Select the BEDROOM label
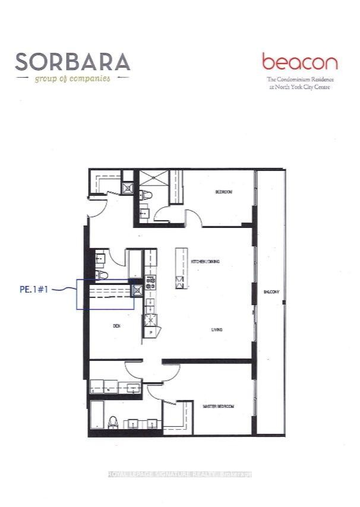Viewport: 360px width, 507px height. tap(223, 192)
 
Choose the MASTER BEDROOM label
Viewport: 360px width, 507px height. tap(218, 407)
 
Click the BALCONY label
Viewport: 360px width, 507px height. tap(272, 291)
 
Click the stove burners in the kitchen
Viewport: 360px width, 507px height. tap(150, 282)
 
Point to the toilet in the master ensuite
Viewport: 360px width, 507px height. tap(113, 423)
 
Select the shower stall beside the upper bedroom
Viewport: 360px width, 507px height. tap(149, 179)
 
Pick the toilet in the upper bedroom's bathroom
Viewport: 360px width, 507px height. tap(147, 194)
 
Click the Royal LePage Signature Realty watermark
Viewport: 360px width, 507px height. tap(179, 474)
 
